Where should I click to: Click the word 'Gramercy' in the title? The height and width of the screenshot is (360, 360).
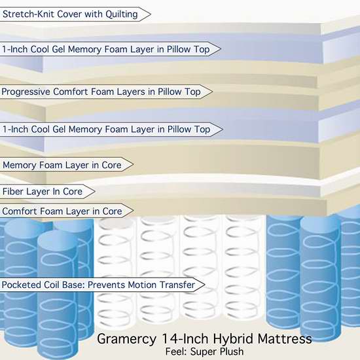pyautogui.click(x=126, y=339)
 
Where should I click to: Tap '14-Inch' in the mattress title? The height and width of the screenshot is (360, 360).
pyautogui.click(x=185, y=338)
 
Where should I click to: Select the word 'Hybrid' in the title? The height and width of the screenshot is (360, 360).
pyautogui.click(x=233, y=339)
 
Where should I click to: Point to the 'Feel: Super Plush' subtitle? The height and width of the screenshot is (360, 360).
pyautogui.click(x=205, y=351)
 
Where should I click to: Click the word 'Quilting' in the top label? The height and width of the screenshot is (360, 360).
pyautogui.click(x=122, y=14)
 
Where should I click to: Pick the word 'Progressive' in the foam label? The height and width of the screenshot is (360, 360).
pyautogui.click(x=26, y=92)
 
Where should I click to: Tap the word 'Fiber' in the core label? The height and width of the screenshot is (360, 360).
pyautogui.click(x=12, y=191)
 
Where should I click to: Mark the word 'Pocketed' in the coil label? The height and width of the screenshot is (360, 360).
pyautogui.click(x=22, y=285)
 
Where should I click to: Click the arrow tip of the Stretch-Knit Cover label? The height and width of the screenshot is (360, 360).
pyautogui.click(x=151, y=14)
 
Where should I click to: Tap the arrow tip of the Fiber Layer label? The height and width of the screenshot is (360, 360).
pyautogui.click(x=95, y=191)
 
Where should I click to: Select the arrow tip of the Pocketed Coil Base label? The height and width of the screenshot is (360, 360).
pyautogui.click(x=205, y=285)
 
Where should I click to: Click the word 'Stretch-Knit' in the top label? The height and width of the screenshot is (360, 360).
pyautogui.click(x=29, y=14)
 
